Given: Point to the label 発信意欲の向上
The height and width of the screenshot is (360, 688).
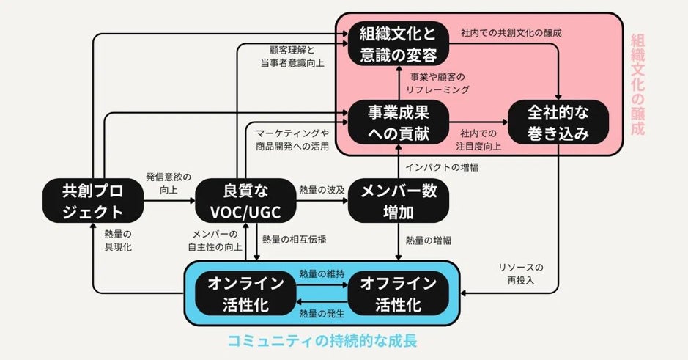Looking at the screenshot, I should pyautogui.click(x=169, y=184).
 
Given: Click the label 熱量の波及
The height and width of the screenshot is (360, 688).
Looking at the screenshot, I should pyautogui.click(x=322, y=189).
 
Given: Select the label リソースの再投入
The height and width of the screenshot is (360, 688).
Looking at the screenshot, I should pyautogui.click(x=519, y=275).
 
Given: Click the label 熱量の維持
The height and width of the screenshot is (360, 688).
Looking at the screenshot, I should pyautogui.click(x=322, y=273).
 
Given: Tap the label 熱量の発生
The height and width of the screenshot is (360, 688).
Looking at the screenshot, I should pyautogui.click(x=322, y=314).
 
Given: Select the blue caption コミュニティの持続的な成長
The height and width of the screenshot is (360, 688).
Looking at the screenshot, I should pyautogui.click(x=322, y=341).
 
